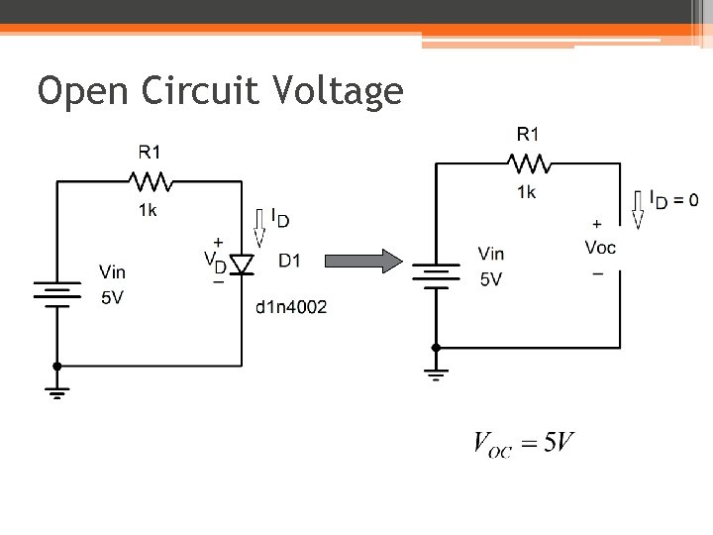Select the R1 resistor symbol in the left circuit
coord(151,181)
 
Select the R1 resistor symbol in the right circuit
coord(529,161)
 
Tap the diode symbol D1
coord(241,265)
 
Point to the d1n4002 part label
coord(291,307)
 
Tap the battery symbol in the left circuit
coord(56,294)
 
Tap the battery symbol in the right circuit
coord(436,273)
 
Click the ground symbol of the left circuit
coord(56,390)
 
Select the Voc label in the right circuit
coord(600,247)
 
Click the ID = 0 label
coord(673,199)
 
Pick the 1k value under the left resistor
coord(148,209)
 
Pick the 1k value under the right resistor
coord(526,191)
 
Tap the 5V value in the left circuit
coord(112,297)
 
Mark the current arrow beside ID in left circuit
coord(260,229)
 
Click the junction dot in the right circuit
coord(436,348)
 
